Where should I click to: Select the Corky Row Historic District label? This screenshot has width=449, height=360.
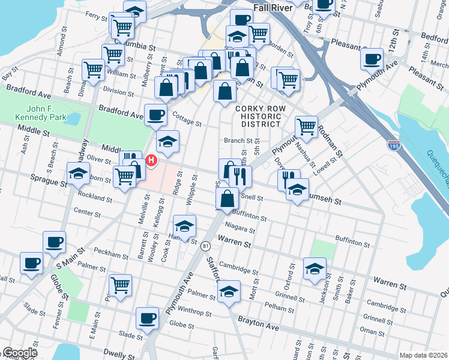[x=258, y=116]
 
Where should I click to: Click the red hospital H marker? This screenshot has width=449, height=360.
[x=151, y=160]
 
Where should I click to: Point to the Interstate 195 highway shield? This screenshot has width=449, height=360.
[x=394, y=146]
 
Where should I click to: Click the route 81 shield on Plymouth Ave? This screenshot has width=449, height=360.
[x=206, y=246]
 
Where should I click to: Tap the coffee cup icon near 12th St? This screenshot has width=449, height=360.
[x=372, y=59]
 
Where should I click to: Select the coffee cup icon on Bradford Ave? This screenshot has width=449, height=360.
[x=156, y=114]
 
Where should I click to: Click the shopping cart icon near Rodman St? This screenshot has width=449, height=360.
[x=307, y=126]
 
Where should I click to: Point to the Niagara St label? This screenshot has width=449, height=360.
[x=240, y=228]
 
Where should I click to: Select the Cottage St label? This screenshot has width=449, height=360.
[x=187, y=118]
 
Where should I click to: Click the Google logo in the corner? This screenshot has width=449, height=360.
[x=20, y=353]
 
